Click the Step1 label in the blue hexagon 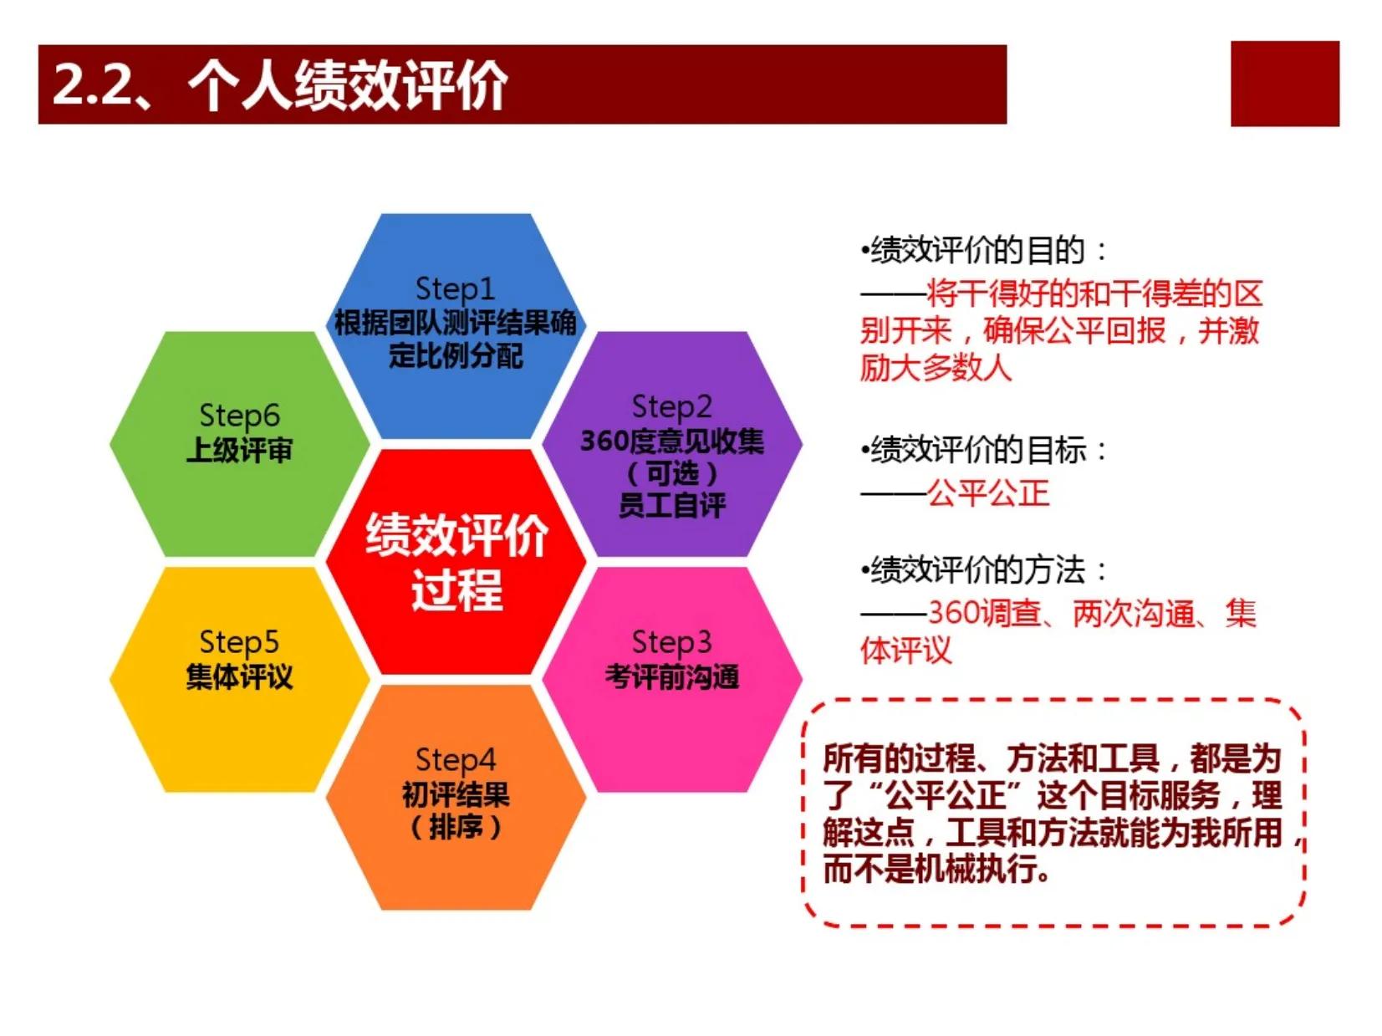point(455,289)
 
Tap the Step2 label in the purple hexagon point(671,407)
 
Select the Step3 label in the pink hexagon point(671,643)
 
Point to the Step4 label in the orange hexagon point(455,760)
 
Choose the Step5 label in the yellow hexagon point(238,643)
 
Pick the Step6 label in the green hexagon point(239,416)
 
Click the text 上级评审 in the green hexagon point(239,451)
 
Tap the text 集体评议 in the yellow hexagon point(239,677)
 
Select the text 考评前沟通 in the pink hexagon point(672,677)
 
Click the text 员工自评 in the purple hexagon point(672,505)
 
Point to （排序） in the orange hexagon point(456,827)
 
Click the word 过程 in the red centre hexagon point(457,589)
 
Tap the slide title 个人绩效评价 point(347,85)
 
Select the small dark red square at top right point(1284,84)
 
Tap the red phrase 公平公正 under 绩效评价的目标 point(988,492)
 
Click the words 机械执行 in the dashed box point(974,870)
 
